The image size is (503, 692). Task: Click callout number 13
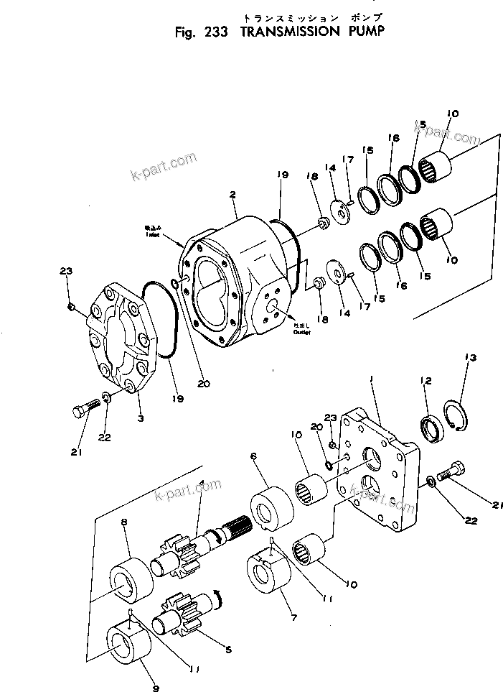click(x=470, y=358)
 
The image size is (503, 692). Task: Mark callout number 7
click(x=293, y=617)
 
